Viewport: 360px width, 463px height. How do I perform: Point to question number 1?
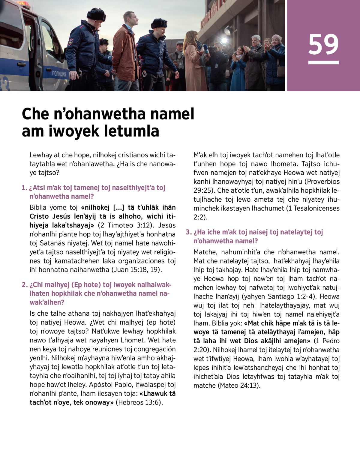pos(24,188)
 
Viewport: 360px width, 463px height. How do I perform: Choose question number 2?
pos(24,285)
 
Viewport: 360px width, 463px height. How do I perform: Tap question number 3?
pos(188,232)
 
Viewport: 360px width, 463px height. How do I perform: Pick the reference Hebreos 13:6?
pos(139,402)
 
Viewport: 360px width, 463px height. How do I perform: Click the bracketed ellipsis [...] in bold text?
pos(120,208)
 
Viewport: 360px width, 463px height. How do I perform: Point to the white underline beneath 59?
pos(323,62)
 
